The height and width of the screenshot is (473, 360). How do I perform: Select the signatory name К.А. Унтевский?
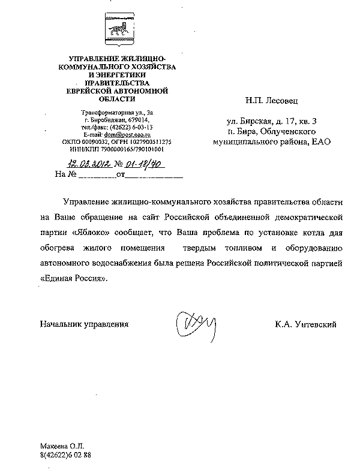click(306, 324)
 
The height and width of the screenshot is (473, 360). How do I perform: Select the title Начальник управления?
click(84, 324)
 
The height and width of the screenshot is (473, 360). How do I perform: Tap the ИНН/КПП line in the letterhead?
click(117, 149)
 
